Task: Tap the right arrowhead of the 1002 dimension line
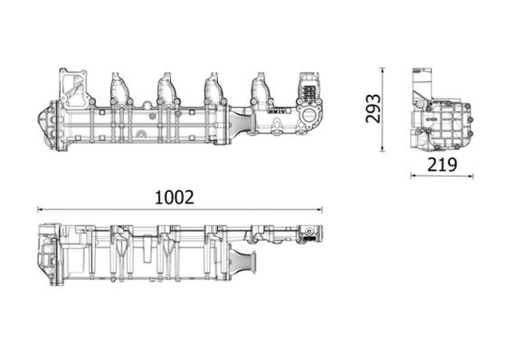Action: [x=319, y=209]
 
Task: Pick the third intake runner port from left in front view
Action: [x=214, y=89]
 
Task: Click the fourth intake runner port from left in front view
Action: [x=261, y=89]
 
